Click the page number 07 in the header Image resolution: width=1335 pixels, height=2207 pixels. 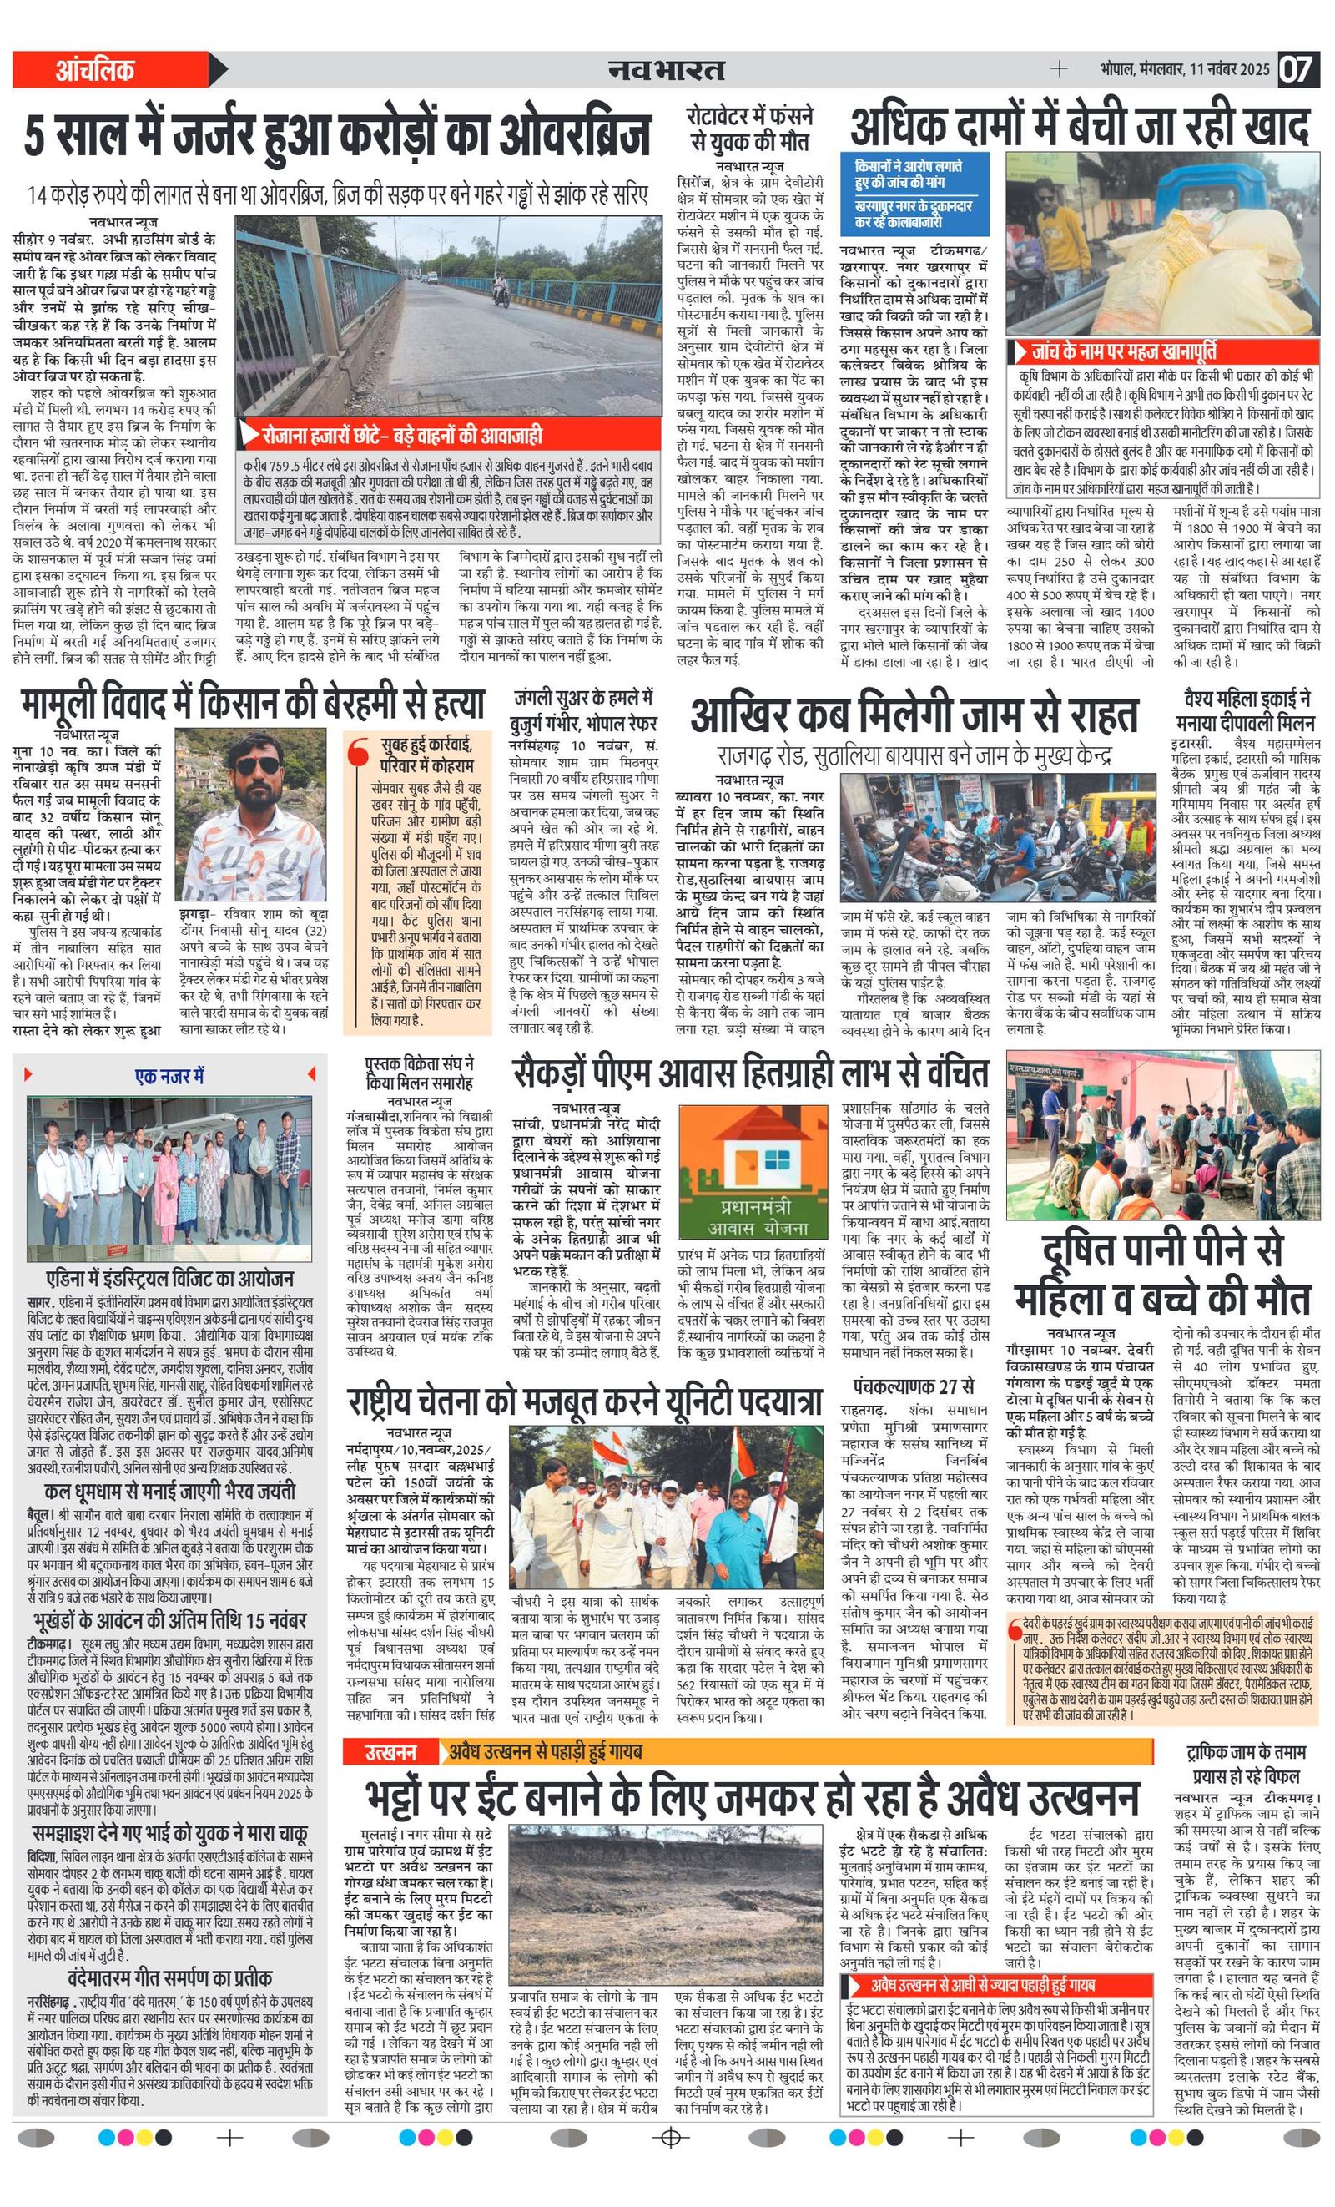tap(1295, 69)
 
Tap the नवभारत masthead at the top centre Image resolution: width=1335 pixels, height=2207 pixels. tap(666, 69)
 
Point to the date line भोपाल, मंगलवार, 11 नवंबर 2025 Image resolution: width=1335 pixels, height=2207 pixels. tap(1185, 69)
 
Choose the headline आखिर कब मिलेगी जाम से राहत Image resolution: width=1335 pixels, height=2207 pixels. tap(914, 715)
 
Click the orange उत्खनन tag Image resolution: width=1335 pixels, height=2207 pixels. tap(390, 1751)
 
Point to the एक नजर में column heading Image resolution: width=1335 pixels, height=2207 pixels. tap(169, 1075)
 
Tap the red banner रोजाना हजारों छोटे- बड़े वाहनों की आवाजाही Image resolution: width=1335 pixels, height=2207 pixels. tap(402, 437)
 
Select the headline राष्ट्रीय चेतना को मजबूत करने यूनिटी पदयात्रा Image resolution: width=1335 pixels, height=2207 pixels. tap(585, 1401)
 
